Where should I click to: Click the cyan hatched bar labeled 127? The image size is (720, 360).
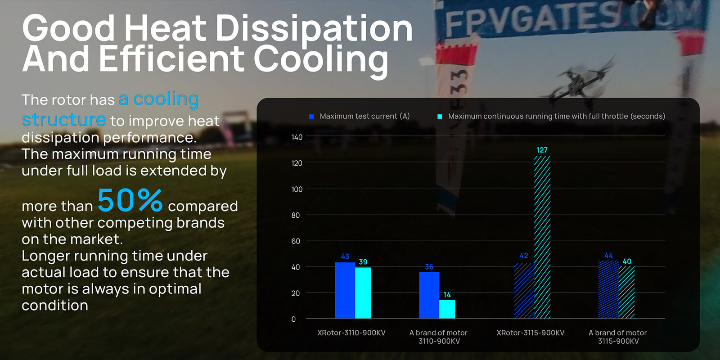(542, 237)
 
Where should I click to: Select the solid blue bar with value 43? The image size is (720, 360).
(345, 291)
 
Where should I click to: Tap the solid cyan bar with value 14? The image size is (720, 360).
(447, 309)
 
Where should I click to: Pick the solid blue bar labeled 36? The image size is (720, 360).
(429, 295)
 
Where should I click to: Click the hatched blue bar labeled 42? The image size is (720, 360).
(524, 291)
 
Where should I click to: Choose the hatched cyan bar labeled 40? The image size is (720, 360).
(626, 292)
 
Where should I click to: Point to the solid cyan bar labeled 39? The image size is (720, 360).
(363, 293)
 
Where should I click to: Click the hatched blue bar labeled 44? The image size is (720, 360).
(608, 289)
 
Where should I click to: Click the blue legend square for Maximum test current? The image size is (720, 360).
(311, 117)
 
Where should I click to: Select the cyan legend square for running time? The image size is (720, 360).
(440, 117)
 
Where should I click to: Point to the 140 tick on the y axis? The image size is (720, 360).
(297, 137)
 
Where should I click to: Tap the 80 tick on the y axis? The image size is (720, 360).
(295, 215)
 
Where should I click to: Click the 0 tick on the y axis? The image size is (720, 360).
(293, 319)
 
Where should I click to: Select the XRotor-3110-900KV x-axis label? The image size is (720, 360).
(351, 333)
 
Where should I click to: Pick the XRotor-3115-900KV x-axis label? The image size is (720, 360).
(530, 333)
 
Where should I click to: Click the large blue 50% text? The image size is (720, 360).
(130, 200)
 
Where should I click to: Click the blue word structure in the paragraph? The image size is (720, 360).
(64, 120)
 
